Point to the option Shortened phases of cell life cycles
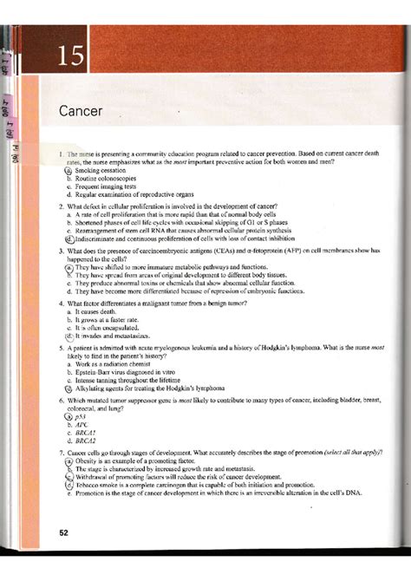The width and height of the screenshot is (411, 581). (x=173, y=223)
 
